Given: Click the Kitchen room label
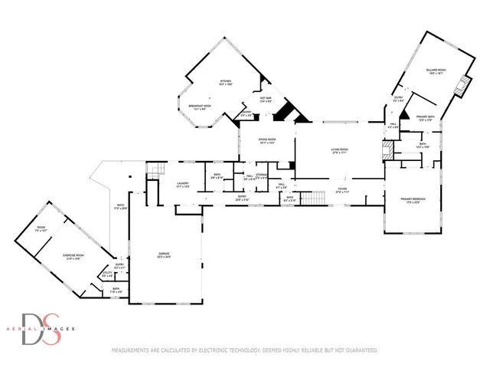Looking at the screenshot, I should point(226,81).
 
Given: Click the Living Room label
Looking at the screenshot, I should point(339,151).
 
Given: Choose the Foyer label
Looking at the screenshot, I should point(341,190).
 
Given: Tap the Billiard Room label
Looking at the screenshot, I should point(436,71).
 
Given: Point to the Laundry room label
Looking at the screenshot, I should point(182,185).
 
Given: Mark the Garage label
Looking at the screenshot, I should point(164,255).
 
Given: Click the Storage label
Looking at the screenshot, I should point(261,177).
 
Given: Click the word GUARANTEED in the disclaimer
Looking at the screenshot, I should point(358,350).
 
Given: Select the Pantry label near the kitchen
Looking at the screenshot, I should point(247,114).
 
